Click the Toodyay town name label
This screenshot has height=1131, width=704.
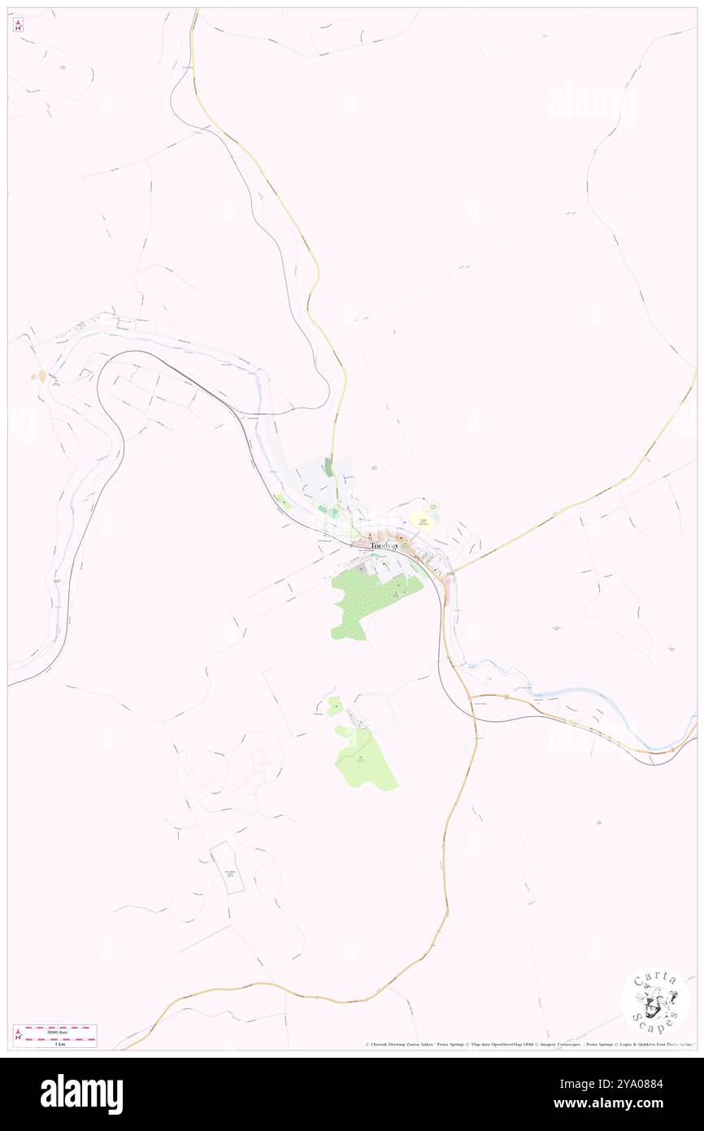pyautogui.click(x=385, y=546)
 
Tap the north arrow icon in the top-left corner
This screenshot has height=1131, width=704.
pyautogui.click(x=19, y=25)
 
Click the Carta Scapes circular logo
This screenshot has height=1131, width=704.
pyautogui.click(x=655, y=1001)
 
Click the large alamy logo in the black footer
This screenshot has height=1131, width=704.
pyautogui.click(x=81, y=1094)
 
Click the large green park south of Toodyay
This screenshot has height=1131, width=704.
pyautogui.click(x=370, y=602)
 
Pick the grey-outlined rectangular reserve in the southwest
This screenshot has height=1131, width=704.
pyautogui.click(x=227, y=868)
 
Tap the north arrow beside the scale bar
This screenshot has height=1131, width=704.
pyautogui.click(x=18, y=1034)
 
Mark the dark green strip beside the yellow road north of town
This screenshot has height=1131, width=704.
pyautogui.click(x=328, y=467)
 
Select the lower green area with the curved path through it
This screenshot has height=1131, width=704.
pyautogui.click(x=363, y=761)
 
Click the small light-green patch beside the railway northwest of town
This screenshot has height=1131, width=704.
pyautogui.click(x=284, y=502)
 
